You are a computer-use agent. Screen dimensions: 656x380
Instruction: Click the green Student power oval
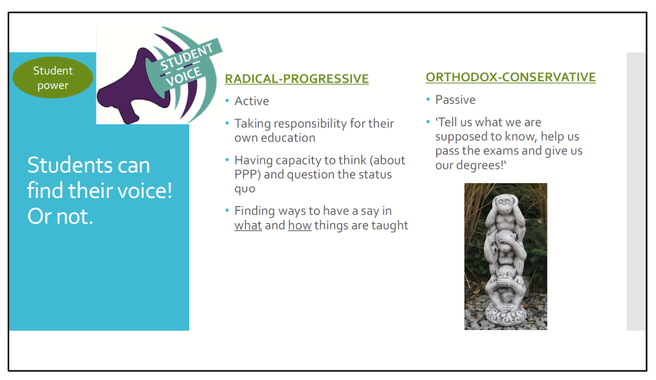(x=53, y=78)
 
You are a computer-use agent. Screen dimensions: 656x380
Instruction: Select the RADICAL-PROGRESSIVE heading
(x=297, y=79)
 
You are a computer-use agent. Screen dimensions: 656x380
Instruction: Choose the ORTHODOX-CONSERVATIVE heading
(x=511, y=77)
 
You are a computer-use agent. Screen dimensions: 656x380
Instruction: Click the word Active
(x=251, y=101)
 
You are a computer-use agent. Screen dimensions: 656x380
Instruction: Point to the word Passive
(x=455, y=99)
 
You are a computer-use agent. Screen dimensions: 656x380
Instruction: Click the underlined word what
(x=248, y=225)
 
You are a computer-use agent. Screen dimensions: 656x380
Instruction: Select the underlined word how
(x=300, y=225)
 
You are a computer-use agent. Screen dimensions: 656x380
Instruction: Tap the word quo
(x=245, y=190)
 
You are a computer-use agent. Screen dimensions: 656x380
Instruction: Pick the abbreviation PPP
(x=245, y=174)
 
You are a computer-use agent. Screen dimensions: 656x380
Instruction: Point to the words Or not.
(x=60, y=217)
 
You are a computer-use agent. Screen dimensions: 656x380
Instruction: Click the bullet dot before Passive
(x=428, y=99)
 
